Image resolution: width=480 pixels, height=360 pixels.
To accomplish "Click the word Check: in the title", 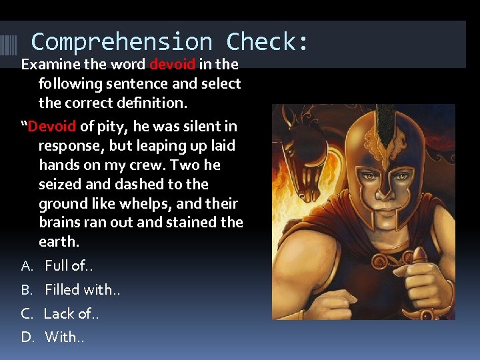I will click(x=267, y=42).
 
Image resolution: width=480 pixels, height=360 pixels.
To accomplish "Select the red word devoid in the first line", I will click(x=173, y=65).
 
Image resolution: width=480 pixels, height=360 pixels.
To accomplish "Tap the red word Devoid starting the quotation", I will click(x=53, y=126).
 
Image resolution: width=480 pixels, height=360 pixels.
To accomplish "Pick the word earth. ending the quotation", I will click(x=59, y=242).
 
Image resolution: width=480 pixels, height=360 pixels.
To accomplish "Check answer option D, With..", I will click(x=62, y=337).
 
